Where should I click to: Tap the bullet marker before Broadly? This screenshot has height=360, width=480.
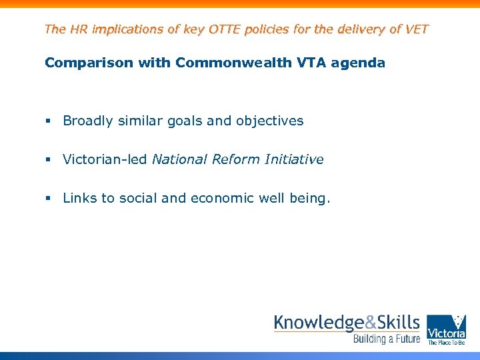pos(48,121)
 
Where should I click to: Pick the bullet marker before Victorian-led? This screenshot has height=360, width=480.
pos(48,160)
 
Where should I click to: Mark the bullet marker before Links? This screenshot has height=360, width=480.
pos(48,199)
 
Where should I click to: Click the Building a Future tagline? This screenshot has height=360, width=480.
pos(387,339)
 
